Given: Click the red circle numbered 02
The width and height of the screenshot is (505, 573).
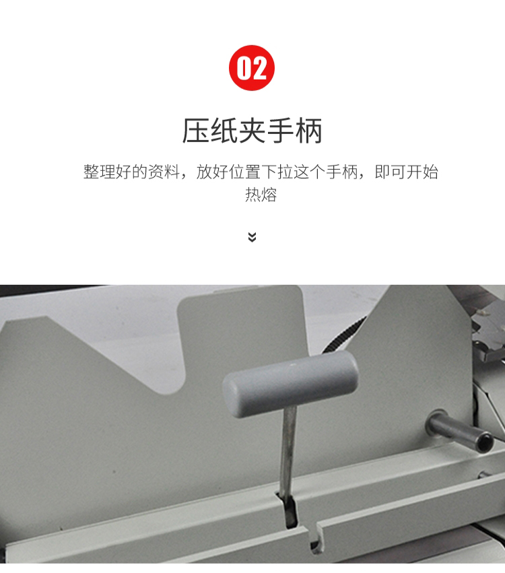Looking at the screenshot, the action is [x=252, y=68].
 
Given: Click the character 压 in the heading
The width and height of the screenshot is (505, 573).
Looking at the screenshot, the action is [x=195, y=131].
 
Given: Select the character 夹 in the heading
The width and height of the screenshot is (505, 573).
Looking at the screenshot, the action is [x=252, y=131].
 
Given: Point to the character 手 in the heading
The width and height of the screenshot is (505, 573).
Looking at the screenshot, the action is [x=281, y=131].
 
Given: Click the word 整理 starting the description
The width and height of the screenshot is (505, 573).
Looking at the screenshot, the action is [x=99, y=172].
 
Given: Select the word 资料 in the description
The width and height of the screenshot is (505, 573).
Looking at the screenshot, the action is [x=164, y=172].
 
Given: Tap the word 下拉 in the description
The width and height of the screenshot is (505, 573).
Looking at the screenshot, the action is [x=277, y=172].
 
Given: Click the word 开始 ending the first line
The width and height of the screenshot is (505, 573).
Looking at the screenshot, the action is [x=422, y=172].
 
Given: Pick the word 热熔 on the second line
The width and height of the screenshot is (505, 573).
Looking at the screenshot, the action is [x=261, y=195].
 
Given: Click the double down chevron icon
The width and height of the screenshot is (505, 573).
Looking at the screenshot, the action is [x=252, y=237].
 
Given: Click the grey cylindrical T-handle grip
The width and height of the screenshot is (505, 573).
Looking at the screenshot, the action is [x=290, y=384].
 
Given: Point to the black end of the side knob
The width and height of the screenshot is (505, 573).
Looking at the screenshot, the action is [x=485, y=441].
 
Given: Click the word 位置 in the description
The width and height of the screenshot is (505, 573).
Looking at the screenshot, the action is [x=244, y=172].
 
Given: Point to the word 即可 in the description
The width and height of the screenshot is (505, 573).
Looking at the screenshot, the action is [x=390, y=172].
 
